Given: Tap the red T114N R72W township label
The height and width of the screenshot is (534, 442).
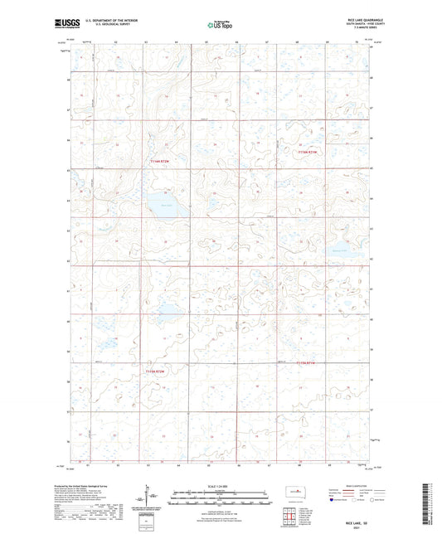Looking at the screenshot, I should [158, 160].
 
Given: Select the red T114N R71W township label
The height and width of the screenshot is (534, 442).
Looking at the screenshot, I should [308, 152].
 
